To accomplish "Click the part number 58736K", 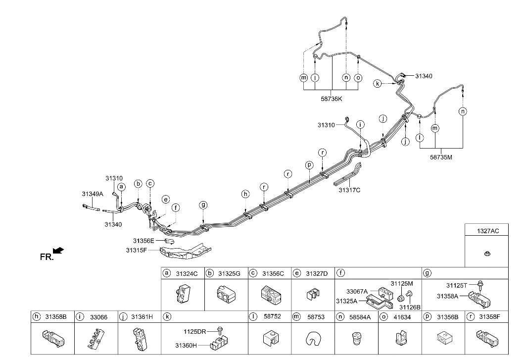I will point(331,99).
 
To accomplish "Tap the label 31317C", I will point(349,190).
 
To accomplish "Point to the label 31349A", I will point(93,194).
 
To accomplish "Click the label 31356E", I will point(143,241).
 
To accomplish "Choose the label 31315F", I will point(137,251).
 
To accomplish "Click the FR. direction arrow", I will point(58,251).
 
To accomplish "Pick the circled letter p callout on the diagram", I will point(309,165).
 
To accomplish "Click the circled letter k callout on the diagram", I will point(378,84).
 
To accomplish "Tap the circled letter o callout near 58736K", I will point(358,77).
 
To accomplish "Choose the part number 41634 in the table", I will point(403,317).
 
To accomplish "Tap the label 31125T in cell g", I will point(456,285).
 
